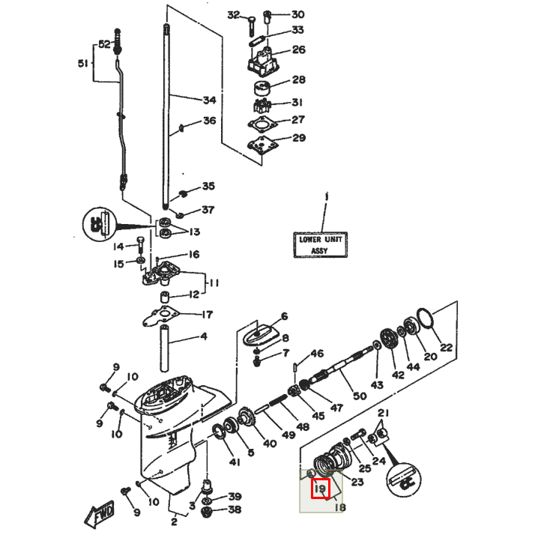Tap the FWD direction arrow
[x=99, y=517]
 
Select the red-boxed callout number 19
[x=321, y=489]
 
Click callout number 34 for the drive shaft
[x=209, y=100]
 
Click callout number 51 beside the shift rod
[x=82, y=63]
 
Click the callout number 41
[x=235, y=462]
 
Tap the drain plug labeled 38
[x=209, y=513]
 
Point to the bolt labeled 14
[x=140, y=244]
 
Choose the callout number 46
[x=318, y=354]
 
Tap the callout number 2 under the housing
[x=174, y=522]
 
